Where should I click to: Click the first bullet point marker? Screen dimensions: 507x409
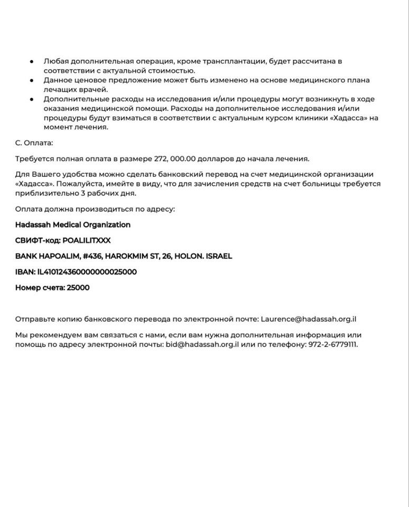tap(32, 61)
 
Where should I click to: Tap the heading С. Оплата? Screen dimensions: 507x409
tap(34, 143)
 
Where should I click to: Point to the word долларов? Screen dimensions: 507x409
tap(217, 158)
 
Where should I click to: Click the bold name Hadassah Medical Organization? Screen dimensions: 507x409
tap(73, 224)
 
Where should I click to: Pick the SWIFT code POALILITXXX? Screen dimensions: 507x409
tap(87, 240)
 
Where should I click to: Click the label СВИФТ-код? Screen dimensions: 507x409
tap(38, 240)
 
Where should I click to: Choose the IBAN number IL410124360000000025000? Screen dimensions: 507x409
tap(87, 272)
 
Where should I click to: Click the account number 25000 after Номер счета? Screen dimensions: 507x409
tap(78, 288)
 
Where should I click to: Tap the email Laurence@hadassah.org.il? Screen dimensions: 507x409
tap(309, 319)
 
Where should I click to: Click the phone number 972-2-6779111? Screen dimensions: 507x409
tap(333, 344)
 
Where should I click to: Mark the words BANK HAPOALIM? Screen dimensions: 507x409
tap(47, 256)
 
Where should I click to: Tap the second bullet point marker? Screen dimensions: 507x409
tap(32, 80)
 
